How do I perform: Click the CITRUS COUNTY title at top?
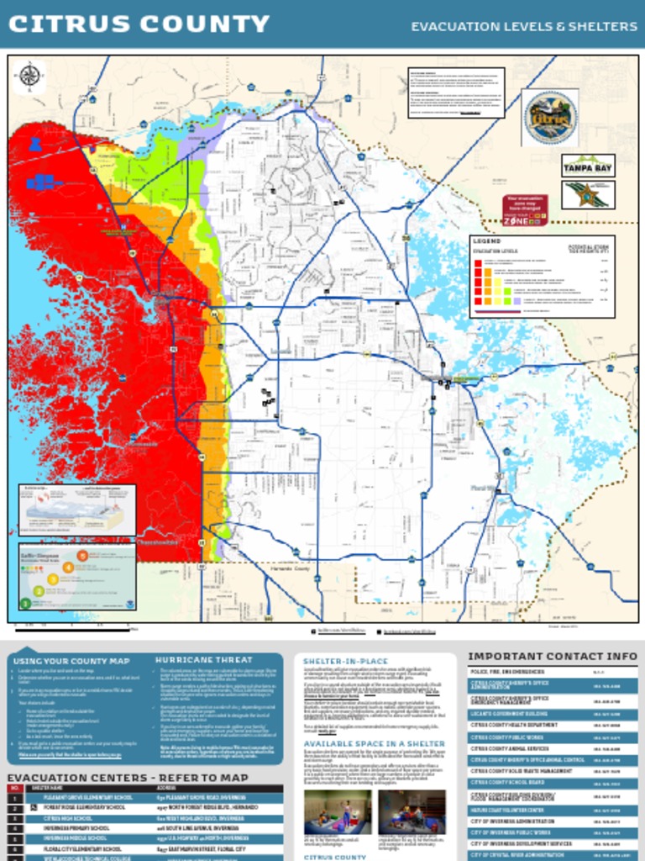pos(139,24)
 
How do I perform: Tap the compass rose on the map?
pos(29,76)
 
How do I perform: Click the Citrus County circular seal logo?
pos(550,117)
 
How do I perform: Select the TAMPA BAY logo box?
pos(588,166)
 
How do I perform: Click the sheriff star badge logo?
pos(588,195)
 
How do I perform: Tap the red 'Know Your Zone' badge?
pos(526,210)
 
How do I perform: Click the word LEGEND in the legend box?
pos(487,240)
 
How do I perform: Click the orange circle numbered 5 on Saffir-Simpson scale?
pos(81,555)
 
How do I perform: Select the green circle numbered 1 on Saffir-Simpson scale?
pos(26,603)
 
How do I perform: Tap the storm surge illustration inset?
pos(77,510)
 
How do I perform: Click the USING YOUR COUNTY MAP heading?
pos(71,661)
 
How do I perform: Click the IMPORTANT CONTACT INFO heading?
pos(552,656)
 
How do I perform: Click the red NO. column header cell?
pos(15,788)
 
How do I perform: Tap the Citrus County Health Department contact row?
pos(552,725)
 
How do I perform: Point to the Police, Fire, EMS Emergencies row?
pos(552,672)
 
